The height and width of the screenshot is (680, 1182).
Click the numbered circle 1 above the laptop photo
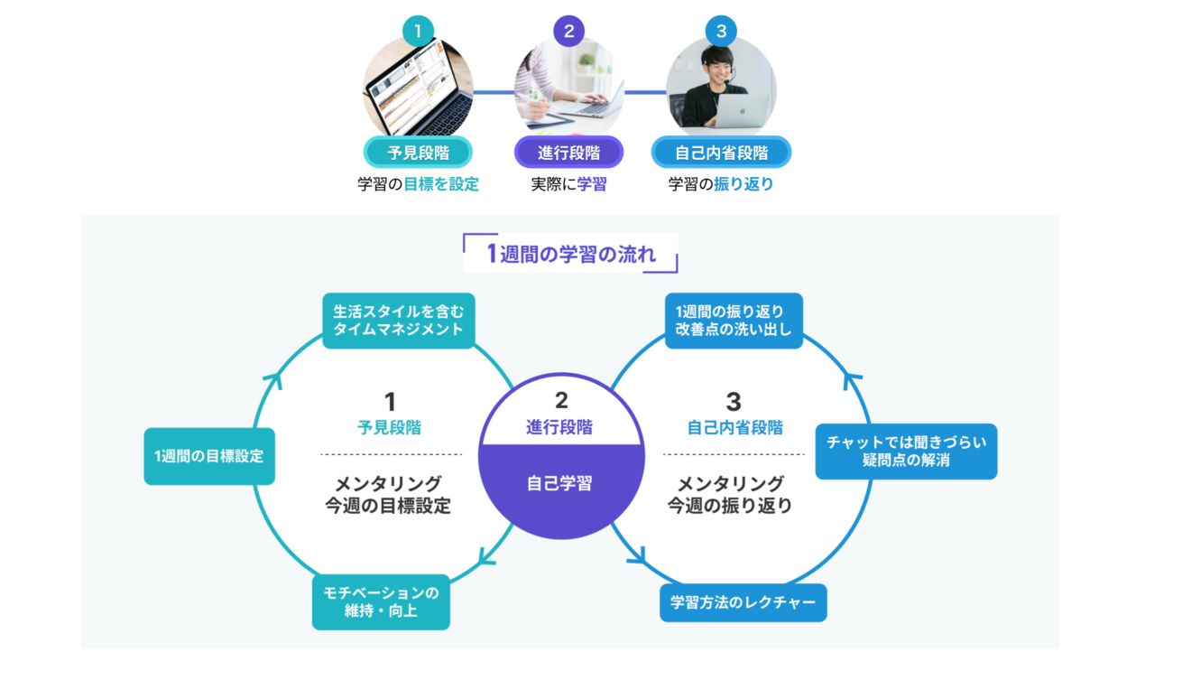coord(418,32)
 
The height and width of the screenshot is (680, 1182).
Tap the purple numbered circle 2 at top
coord(568,32)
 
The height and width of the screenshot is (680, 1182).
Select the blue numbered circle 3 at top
coord(720,32)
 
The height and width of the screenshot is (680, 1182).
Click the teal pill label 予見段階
coord(418,153)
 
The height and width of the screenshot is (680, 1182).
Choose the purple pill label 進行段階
coord(568,153)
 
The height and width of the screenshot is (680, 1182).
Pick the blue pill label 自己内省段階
coord(721,153)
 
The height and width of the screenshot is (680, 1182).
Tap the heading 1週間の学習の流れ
coord(570,254)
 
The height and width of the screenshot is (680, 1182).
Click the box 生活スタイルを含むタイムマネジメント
coord(398,321)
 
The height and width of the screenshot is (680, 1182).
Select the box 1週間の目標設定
coord(209,456)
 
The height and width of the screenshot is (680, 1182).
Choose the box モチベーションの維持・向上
coord(381,602)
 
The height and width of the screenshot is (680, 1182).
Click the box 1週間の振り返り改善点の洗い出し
coord(734,321)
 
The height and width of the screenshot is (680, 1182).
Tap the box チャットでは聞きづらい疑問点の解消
coord(906,452)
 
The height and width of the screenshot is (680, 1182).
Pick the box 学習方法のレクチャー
coord(743,602)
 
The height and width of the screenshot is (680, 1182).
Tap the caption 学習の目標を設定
coord(418,184)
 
